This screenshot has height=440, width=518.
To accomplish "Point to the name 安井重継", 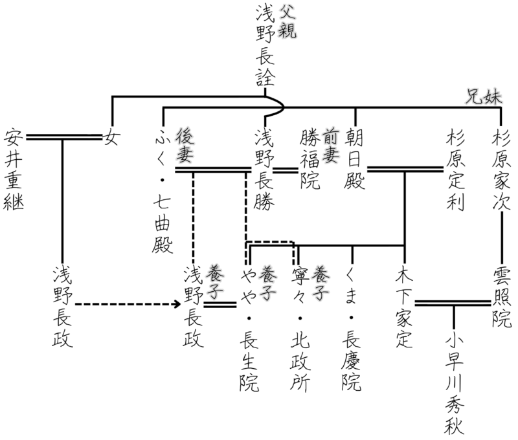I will pos(14,170).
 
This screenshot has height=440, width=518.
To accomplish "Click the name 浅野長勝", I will pos(265,170).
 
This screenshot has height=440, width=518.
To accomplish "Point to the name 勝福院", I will pos(310,160).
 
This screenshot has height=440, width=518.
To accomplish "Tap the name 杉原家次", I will pos(502,170).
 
